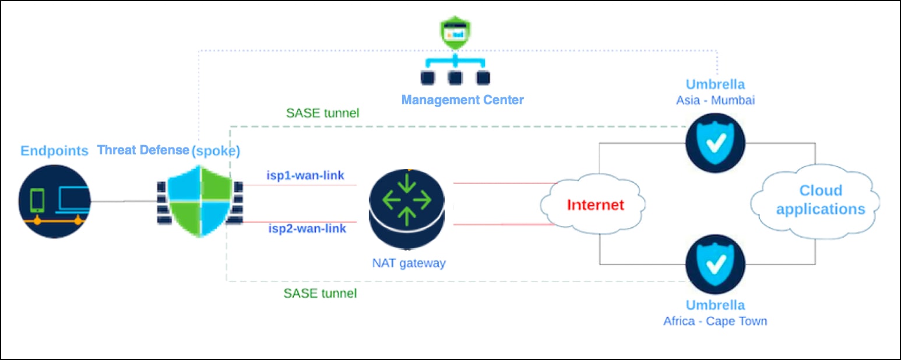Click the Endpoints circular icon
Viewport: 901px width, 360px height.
tap(54, 201)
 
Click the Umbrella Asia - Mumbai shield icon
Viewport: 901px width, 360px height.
tap(715, 143)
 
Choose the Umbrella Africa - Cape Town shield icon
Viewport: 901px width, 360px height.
tap(715, 264)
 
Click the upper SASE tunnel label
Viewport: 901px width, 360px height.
tap(323, 112)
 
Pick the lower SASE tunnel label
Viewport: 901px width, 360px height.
tap(320, 293)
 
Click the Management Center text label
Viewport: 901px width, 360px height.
tap(462, 100)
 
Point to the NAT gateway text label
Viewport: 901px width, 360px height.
tap(409, 263)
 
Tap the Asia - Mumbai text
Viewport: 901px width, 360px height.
tap(715, 100)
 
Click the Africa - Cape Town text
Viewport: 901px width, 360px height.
tap(715, 320)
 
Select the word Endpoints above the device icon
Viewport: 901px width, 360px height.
tap(54, 151)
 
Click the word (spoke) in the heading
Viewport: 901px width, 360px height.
tap(216, 150)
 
